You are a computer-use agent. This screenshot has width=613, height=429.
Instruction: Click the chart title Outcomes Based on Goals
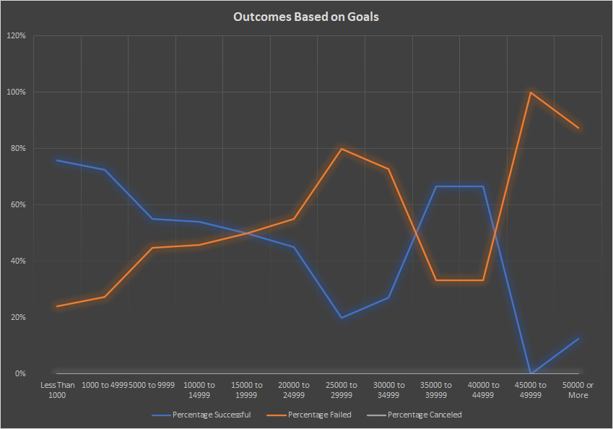306,17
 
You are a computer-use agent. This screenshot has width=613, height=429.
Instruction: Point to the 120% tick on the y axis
16,36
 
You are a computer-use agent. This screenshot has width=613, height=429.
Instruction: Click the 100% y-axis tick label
16,92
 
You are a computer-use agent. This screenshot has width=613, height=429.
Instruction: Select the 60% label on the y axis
17,205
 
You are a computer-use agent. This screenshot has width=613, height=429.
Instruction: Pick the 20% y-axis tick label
17,318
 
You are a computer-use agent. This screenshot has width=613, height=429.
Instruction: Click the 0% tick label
19,374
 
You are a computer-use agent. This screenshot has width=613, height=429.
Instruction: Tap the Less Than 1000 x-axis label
57,390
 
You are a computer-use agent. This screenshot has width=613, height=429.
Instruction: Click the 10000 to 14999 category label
199,390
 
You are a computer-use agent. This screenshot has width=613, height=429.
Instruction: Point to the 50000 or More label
578,390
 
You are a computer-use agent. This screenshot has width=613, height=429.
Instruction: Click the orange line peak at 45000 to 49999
531,92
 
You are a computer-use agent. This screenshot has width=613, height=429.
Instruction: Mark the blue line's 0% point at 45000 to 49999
531,373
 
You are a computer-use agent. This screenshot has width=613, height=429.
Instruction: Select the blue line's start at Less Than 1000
57,160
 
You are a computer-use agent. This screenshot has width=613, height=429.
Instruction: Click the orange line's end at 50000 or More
578,128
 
